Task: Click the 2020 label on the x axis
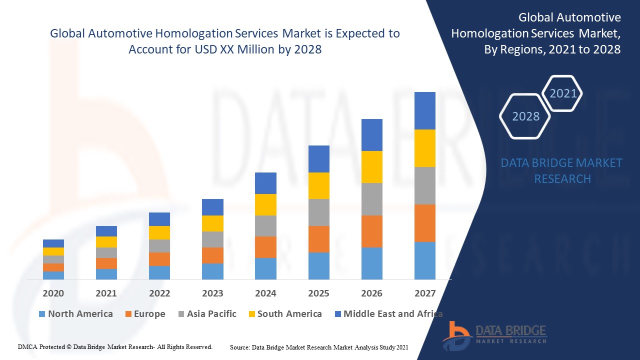(53, 293)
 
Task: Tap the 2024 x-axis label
(265, 293)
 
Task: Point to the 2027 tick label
(424, 293)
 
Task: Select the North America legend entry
(76, 314)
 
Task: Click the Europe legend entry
(145, 314)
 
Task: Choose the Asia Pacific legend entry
(207, 314)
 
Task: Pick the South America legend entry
(285, 314)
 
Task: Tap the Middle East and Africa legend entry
(388, 314)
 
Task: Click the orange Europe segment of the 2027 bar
(424, 223)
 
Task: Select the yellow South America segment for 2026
(371, 167)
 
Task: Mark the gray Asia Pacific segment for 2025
(318, 212)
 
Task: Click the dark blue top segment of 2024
(265, 183)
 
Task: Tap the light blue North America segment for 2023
(212, 271)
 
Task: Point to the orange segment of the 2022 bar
(159, 259)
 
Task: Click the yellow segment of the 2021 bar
(106, 242)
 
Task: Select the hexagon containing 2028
(525, 116)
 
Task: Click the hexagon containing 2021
(563, 93)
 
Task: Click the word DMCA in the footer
(27, 346)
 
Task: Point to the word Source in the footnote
(240, 347)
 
